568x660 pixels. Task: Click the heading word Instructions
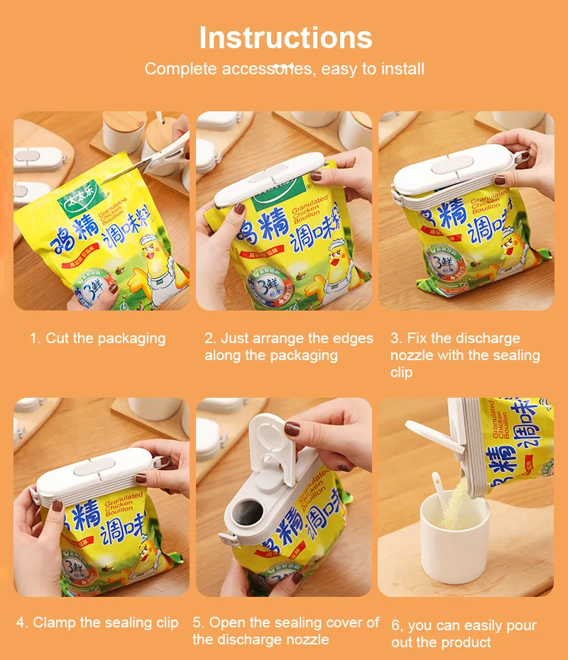click(285, 38)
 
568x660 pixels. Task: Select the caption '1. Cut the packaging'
click(97, 338)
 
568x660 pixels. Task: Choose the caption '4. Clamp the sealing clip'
click(97, 622)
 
